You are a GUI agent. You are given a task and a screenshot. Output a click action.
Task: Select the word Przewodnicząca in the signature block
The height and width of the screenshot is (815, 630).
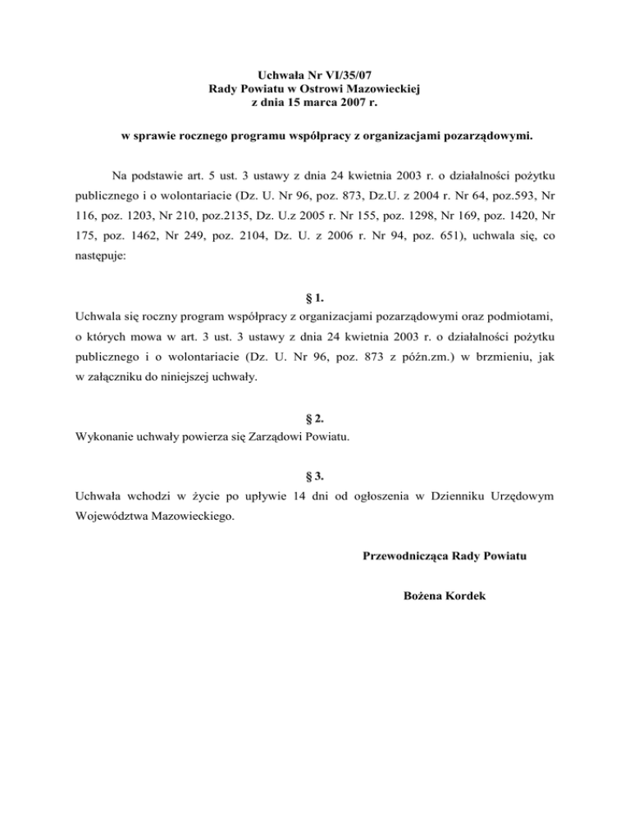click(405, 558)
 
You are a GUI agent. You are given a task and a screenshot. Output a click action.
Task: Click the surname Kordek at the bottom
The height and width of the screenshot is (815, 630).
click(464, 596)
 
